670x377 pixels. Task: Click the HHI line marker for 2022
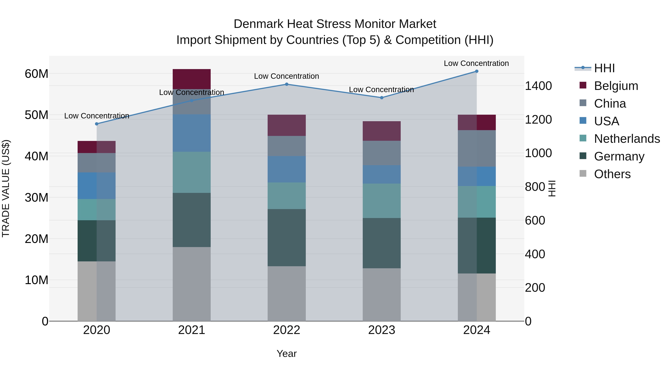(287, 84)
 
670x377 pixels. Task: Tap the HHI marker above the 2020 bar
(97, 124)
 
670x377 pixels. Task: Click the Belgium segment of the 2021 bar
(192, 79)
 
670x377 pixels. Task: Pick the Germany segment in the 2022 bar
(287, 238)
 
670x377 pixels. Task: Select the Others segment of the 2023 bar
(382, 295)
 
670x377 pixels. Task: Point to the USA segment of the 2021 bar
(192, 133)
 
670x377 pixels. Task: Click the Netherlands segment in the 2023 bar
(382, 201)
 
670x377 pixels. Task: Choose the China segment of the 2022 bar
(287, 146)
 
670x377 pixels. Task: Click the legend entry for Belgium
(616, 86)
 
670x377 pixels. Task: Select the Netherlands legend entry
(627, 139)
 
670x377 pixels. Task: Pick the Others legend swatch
(583, 174)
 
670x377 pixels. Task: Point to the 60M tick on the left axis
(36, 74)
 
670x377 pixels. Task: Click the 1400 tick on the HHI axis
(538, 86)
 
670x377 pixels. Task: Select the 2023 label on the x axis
(382, 330)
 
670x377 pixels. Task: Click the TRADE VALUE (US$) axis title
(6, 188)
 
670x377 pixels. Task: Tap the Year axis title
(287, 354)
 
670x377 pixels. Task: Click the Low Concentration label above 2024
(476, 63)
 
